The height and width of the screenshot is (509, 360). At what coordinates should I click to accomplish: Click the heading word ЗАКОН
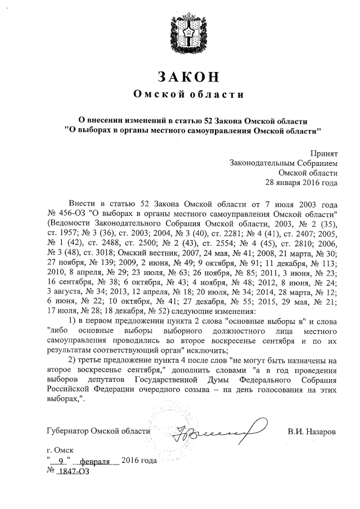pos(180,76)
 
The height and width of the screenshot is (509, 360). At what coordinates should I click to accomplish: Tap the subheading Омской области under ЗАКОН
pos(180,94)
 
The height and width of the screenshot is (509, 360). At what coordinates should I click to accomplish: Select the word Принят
pos(325,152)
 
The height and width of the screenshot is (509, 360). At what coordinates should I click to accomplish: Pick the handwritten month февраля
pos(94,462)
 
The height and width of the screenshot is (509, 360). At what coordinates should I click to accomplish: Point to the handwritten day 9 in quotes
pos(61,461)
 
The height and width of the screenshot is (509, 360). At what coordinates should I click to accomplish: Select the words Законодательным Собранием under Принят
pos(283,163)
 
